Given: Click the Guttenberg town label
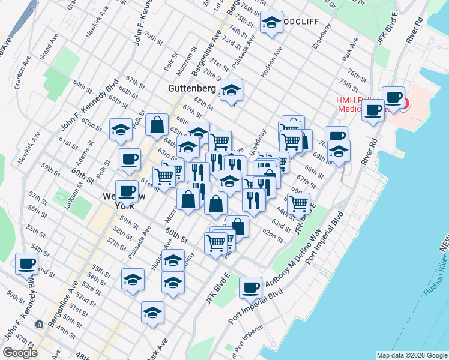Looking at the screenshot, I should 191,88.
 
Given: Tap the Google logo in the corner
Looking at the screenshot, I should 20,353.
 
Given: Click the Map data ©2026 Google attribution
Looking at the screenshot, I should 412,355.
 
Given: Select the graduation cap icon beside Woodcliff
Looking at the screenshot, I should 271,23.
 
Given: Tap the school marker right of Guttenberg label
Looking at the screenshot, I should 231,91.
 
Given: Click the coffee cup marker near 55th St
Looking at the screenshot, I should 26,263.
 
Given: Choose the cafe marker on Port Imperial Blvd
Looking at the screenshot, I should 250,287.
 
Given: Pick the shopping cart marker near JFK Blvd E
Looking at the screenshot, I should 298,203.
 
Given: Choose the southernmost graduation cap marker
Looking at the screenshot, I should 152,313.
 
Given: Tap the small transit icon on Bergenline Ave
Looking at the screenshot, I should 38,324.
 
